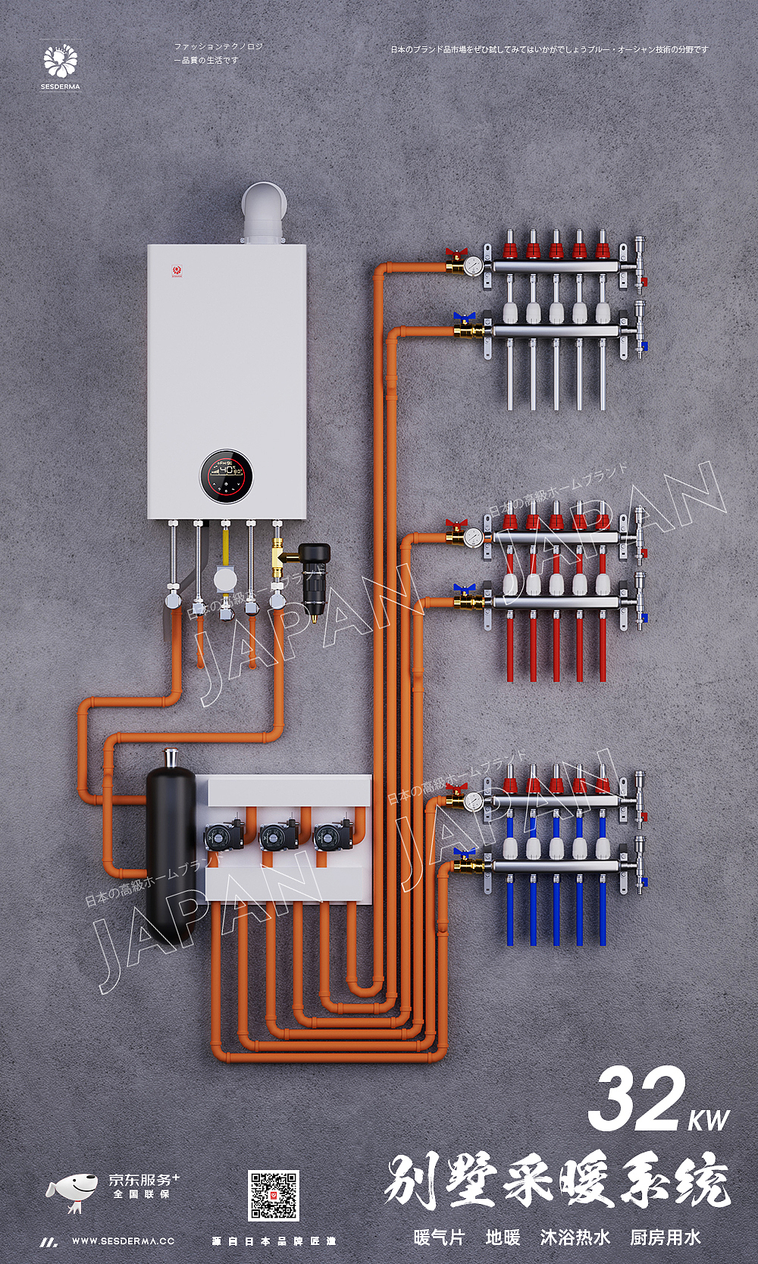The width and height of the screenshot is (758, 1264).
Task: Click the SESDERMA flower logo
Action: tap(61, 61)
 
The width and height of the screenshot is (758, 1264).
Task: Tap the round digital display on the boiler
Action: tap(226, 476)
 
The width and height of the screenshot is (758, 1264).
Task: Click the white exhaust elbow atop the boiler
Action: tap(264, 210)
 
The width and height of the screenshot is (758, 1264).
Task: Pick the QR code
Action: tap(274, 1195)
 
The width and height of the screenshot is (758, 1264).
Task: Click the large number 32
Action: tap(635, 1099)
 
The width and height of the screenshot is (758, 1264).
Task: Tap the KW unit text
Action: tap(709, 1120)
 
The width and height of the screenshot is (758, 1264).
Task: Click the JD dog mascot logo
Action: tap(72, 1191)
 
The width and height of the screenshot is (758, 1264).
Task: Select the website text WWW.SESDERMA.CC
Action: tap(123, 1241)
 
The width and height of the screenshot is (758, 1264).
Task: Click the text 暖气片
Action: tap(439, 1237)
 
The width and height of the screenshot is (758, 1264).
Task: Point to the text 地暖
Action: tap(503, 1237)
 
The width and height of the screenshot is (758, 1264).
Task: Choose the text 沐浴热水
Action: tap(575, 1237)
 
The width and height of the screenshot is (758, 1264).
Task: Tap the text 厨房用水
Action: tap(665, 1237)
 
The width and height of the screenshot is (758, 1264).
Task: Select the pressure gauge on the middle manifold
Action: tap(475, 537)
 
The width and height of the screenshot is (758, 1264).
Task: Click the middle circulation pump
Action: tap(279, 836)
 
